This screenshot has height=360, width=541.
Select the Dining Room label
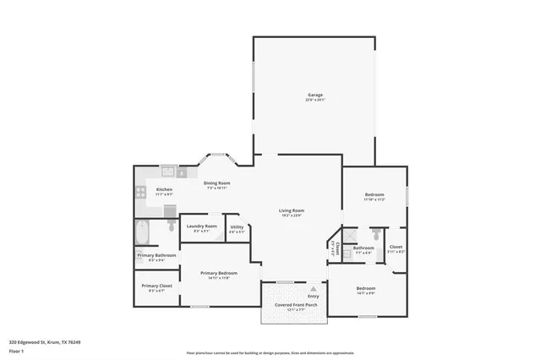coord(218,184)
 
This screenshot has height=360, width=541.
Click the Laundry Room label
coord(201,227)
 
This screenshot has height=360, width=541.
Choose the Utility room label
coord(237,227)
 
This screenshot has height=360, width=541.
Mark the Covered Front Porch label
coord(292,308)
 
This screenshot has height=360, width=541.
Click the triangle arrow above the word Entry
coord(313,288)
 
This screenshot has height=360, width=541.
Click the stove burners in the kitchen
coord(140,192)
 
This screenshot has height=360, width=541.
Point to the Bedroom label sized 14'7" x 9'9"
coord(366,290)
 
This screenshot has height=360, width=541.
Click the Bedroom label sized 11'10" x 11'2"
coord(374,198)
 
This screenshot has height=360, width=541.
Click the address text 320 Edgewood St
coord(40,342)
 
